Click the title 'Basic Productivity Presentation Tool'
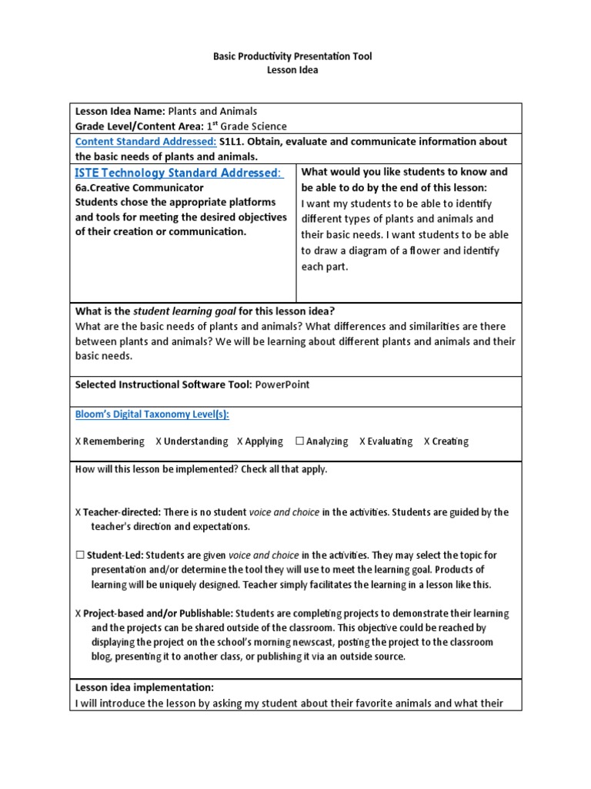coord(292,57)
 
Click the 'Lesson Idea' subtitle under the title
coord(292,70)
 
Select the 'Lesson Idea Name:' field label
coord(120,112)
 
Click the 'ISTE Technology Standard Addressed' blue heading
coord(179,173)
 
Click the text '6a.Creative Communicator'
coord(139,187)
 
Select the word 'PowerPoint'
coord(282,384)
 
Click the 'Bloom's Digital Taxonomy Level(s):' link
coord(152,415)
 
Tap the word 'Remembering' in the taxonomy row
coord(114,442)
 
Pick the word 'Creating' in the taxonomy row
coord(450,442)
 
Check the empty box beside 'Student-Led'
coord(80,555)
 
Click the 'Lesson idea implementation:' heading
coord(144,687)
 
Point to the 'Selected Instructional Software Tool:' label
coord(163,384)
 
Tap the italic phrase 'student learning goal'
coord(182,311)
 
